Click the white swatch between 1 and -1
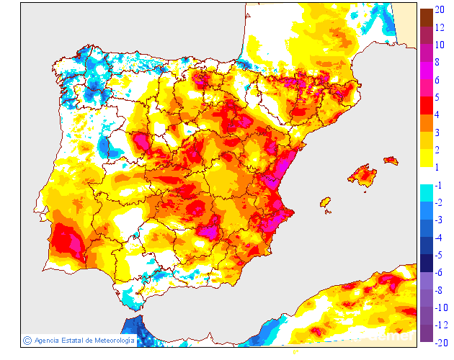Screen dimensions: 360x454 click(x=426, y=176)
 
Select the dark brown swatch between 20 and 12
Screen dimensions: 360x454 click(x=426, y=17)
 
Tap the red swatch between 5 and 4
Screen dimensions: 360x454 click(x=426, y=105)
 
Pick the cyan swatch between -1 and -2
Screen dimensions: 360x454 click(x=426, y=193)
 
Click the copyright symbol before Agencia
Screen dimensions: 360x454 click(x=27, y=340)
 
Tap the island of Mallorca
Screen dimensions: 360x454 click(x=362, y=174)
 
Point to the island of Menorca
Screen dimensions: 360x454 click(x=391, y=160)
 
